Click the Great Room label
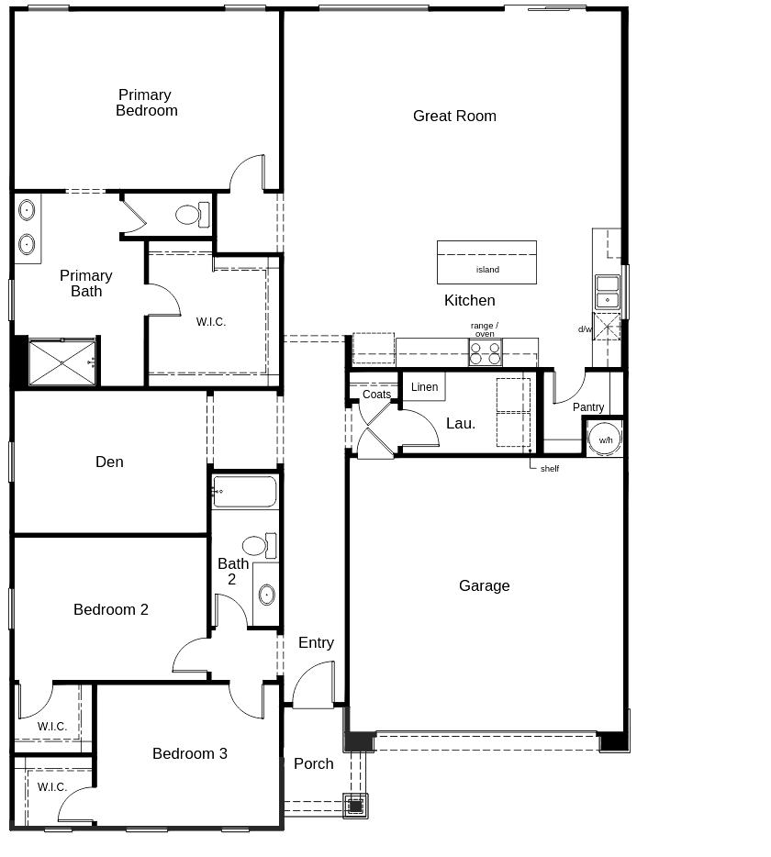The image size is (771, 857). pos(454,116)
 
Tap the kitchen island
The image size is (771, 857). pos(486,262)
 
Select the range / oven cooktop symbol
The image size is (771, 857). pos(485,352)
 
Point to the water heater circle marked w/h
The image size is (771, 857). pos(605,439)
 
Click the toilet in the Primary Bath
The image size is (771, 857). pos(193,215)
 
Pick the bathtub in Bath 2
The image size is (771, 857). pos(245,492)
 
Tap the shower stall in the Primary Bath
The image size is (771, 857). pos(61,362)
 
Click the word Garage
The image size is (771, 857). pos(484,586)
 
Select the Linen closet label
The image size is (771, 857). pos(424,387)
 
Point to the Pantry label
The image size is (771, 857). pos(588,407)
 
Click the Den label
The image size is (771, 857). pos(109,462)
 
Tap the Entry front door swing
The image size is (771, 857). pos(313,684)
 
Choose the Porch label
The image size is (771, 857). pos(313,763)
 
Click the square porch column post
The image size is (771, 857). pos(355,806)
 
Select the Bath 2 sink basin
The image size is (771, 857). pos(266,595)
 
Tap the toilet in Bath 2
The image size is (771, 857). pos(259,545)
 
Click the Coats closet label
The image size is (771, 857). pos(376,394)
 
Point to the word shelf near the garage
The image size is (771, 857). pos(550,468)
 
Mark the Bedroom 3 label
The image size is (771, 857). pos(190,753)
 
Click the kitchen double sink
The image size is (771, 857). pos(608,292)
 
